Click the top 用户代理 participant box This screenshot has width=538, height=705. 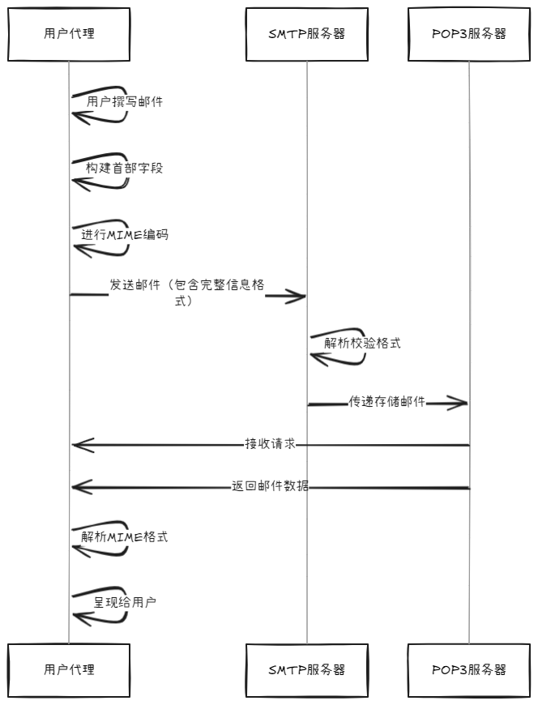[69, 34]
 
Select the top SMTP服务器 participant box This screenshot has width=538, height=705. [306, 34]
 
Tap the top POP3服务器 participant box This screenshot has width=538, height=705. [468, 34]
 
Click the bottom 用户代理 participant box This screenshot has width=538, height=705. [69, 670]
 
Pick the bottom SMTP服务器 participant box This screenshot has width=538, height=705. [306, 670]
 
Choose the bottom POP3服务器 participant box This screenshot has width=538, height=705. [468, 670]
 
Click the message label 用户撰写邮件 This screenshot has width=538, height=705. [125, 102]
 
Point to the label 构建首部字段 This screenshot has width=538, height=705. [124, 168]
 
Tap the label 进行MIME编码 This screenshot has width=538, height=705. [125, 234]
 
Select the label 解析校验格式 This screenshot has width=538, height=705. [362, 343]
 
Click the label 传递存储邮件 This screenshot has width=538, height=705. [387, 402]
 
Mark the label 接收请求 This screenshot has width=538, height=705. [270, 444]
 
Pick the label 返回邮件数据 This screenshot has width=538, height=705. [270, 487]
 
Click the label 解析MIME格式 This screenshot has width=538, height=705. [125, 536]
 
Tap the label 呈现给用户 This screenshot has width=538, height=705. [125, 603]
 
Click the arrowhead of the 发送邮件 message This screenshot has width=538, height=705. [300, 297]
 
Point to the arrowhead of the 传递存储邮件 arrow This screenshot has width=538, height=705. [462, 403]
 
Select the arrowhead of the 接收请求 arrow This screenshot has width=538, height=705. [78, 444]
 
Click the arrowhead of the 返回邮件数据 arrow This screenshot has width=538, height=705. [78, 487]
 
